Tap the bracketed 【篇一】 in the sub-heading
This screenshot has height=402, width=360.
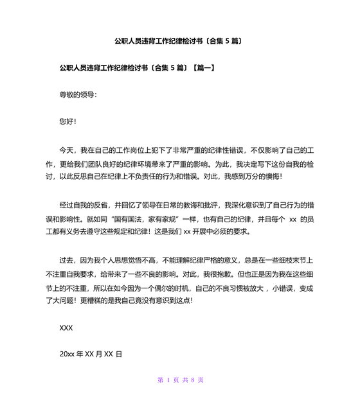pyautogui.click(x=200, y=67)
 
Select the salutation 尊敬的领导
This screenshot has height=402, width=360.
pyautogui.click(x=77, y=94)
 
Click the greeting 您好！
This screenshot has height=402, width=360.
pyautogui.click(x=67, y=121)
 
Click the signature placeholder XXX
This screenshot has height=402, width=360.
pyautogui.click(x=66, y=328)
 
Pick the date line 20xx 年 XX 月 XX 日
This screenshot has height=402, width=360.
pyautogui.click(x=91, y=354)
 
